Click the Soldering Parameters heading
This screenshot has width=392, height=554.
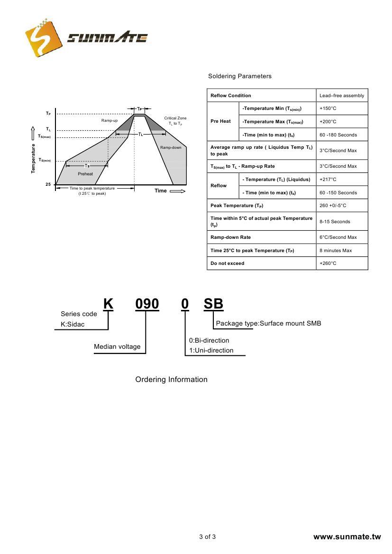point(240,76)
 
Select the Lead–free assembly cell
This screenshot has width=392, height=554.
point(342,96)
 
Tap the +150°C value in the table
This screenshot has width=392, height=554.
point(328,109)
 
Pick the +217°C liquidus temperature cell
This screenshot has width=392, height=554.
point(328,180)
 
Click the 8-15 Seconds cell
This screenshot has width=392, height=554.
point(335,221)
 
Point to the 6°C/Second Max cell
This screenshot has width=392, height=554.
point(338,237)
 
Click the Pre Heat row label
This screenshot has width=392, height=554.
point(220,121)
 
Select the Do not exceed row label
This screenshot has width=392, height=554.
point(228,263)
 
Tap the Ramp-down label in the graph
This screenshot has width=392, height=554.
point(171,148)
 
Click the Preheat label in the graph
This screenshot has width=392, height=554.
point(85,174)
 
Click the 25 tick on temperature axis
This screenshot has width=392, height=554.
point(48,184)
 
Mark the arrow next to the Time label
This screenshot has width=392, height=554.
point(177,191)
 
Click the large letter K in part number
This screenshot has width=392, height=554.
point(108,304)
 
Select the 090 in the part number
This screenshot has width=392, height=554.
point(147,304)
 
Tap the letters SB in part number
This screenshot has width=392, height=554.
point(213,304)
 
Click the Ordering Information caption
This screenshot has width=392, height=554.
point(171,380)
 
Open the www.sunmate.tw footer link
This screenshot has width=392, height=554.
point(347,537)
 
